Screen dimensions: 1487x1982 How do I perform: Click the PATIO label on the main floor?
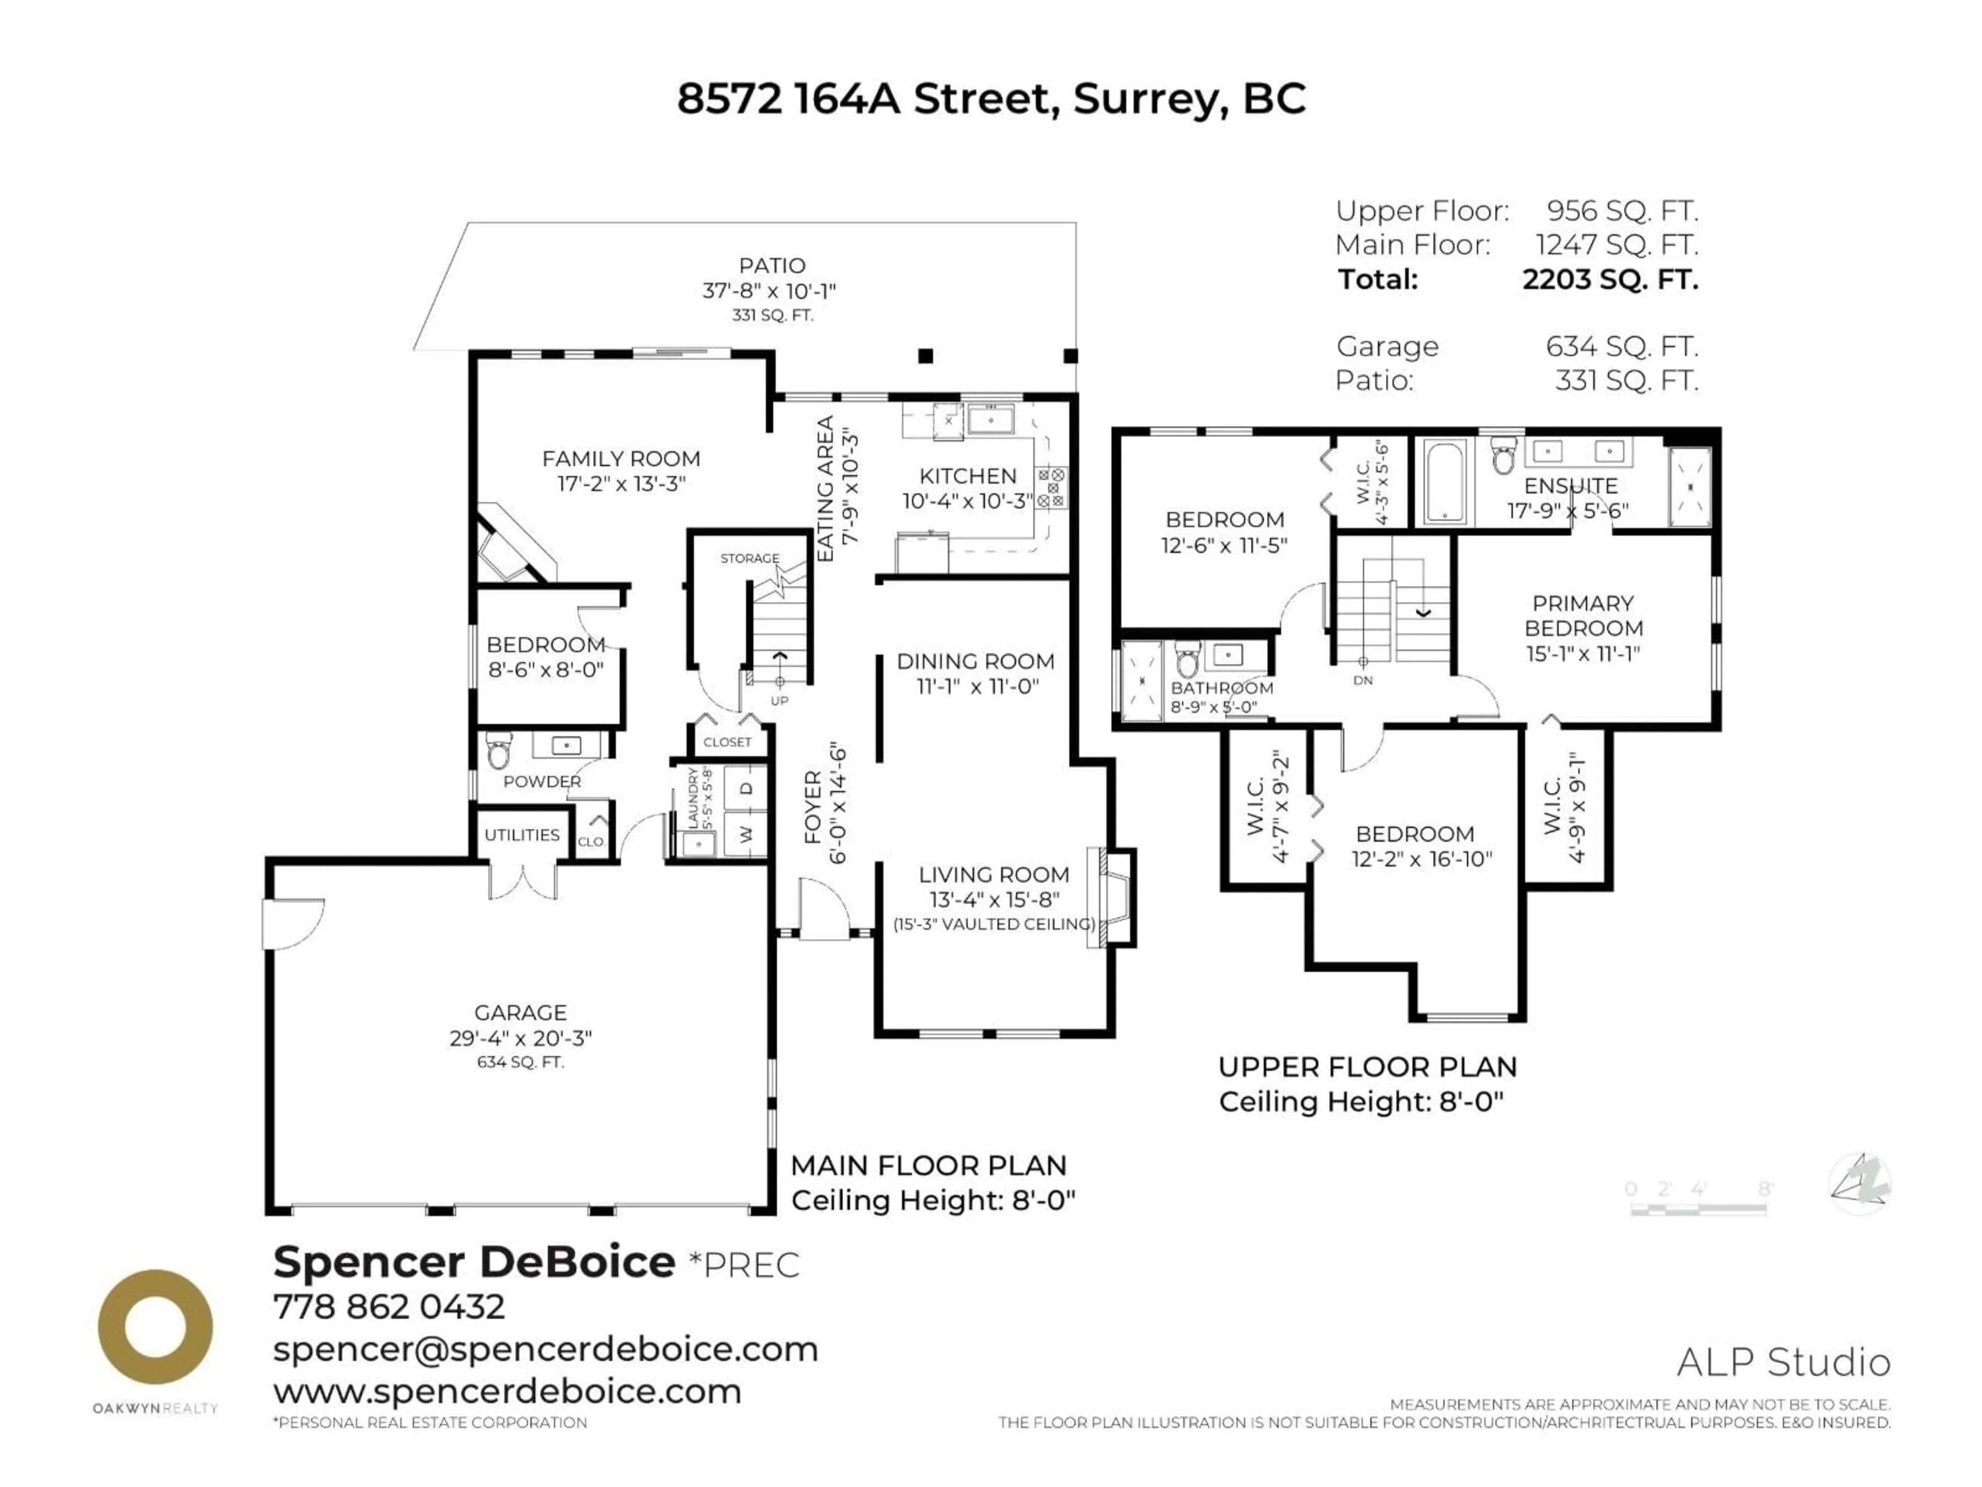point(772,265)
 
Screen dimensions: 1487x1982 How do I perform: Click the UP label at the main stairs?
point(779,700)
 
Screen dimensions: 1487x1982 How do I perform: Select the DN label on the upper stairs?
point(1363,681)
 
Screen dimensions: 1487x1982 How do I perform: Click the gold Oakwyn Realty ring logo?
point(155,1326)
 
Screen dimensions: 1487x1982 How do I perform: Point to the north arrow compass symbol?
point(1859,1183)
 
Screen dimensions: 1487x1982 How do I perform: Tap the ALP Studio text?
point(1783,1363)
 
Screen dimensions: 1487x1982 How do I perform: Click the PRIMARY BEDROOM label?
point(1583,616)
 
